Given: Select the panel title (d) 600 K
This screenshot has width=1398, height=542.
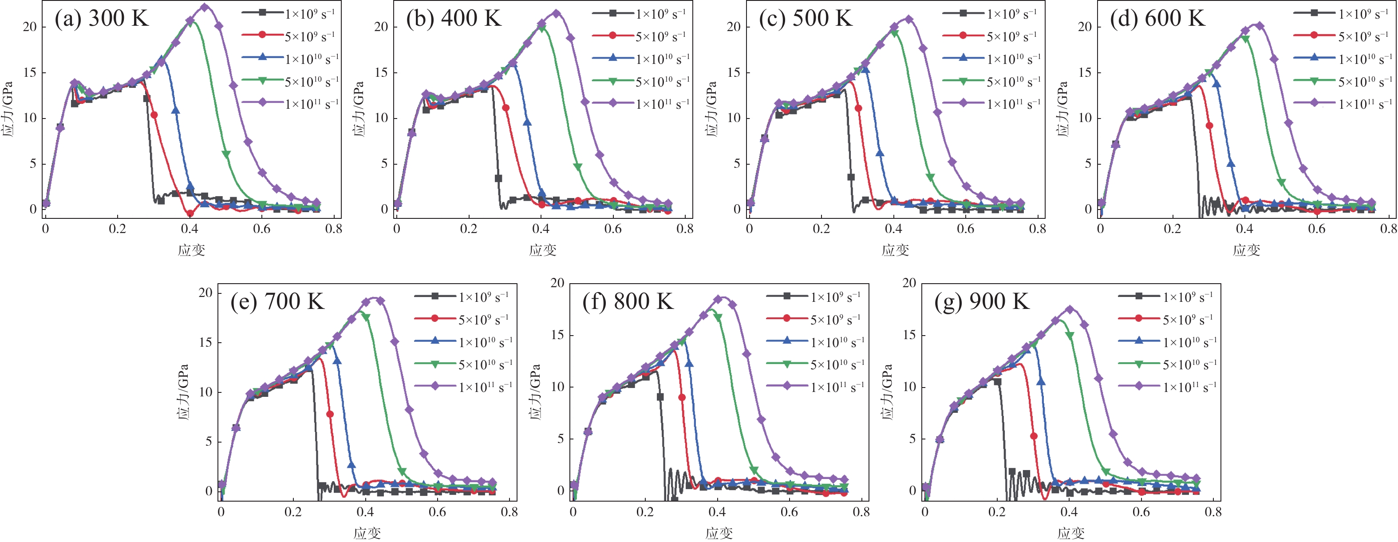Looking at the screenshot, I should click(x=1157, y=19).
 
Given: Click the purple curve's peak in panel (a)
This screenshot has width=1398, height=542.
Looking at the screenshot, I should click(x=205, y=8).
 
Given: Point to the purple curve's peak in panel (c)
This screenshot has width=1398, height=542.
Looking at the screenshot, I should click(x=908, y=19).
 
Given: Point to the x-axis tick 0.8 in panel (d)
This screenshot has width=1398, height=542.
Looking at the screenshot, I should click(x=1388, y=229).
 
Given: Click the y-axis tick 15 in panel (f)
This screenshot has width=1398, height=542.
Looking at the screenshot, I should click(x=557, y=335).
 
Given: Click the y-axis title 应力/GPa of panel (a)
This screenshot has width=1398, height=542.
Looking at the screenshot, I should click(x=8, y=108).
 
